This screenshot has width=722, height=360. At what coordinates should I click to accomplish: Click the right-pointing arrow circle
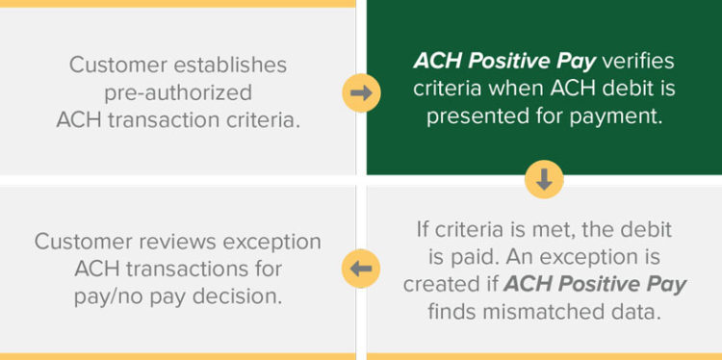[x=359, y=93]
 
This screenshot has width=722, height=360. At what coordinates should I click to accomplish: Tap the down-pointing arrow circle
[x=544, y=179]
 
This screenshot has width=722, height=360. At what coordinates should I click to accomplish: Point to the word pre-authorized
[x=178, y=93]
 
